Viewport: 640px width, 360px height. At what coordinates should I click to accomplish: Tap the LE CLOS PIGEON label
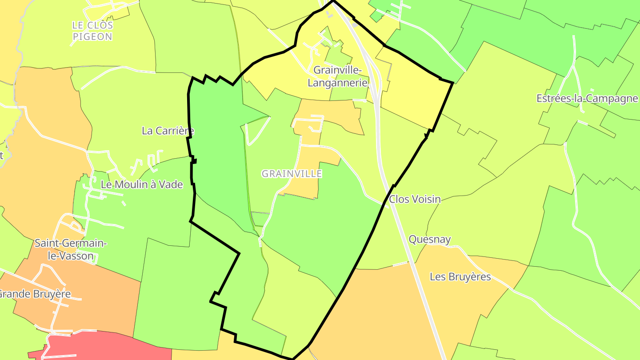click(92, 31)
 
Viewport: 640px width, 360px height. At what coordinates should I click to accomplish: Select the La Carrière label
click(168, 131)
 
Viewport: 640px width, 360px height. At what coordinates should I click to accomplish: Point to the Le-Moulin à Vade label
click(142, 184)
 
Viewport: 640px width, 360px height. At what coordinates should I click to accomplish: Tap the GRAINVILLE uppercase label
click(292, 174)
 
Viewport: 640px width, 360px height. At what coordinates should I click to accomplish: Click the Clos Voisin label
click(415, 199)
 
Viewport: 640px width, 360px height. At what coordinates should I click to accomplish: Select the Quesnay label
click(430, 240)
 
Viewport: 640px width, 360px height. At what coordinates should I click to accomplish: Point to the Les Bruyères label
click(460, 277)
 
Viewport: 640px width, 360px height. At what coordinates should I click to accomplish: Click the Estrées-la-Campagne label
click(587, 98)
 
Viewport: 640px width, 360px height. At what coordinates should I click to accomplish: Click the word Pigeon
click(92, 37)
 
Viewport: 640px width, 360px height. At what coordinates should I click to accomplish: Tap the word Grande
click(16, 294)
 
